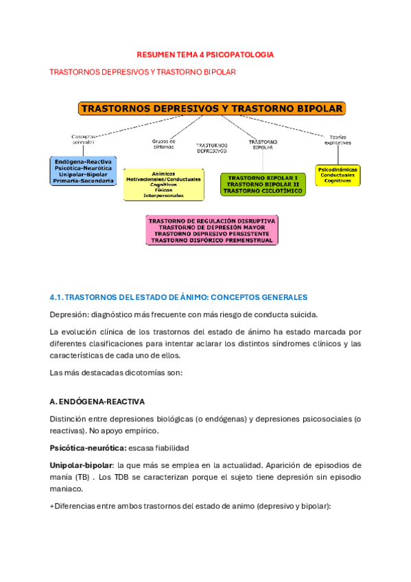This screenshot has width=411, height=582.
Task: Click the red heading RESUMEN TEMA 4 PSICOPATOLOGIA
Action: click(x=206, y=54)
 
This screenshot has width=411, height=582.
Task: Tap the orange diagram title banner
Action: click(x=212, y=108)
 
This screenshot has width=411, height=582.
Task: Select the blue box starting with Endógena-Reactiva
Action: click(x=82, y=171)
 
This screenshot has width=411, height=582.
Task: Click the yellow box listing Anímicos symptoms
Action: click(x=163, y=185)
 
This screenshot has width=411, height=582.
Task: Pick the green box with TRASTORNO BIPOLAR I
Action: click(x=263, y=185)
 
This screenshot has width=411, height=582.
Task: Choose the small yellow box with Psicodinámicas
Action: click(x=339, y=174)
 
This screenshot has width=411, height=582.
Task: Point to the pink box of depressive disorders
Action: click(x=211, y=231)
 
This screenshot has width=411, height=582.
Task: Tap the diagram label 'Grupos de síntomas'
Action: click(x=164, y=143)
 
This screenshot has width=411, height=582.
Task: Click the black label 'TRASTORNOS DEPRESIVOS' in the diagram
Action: click(x=211, y=148)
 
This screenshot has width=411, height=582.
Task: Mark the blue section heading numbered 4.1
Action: click(x=179, y=297)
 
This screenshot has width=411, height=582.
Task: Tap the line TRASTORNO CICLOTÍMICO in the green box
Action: click(x=263, y=191)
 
